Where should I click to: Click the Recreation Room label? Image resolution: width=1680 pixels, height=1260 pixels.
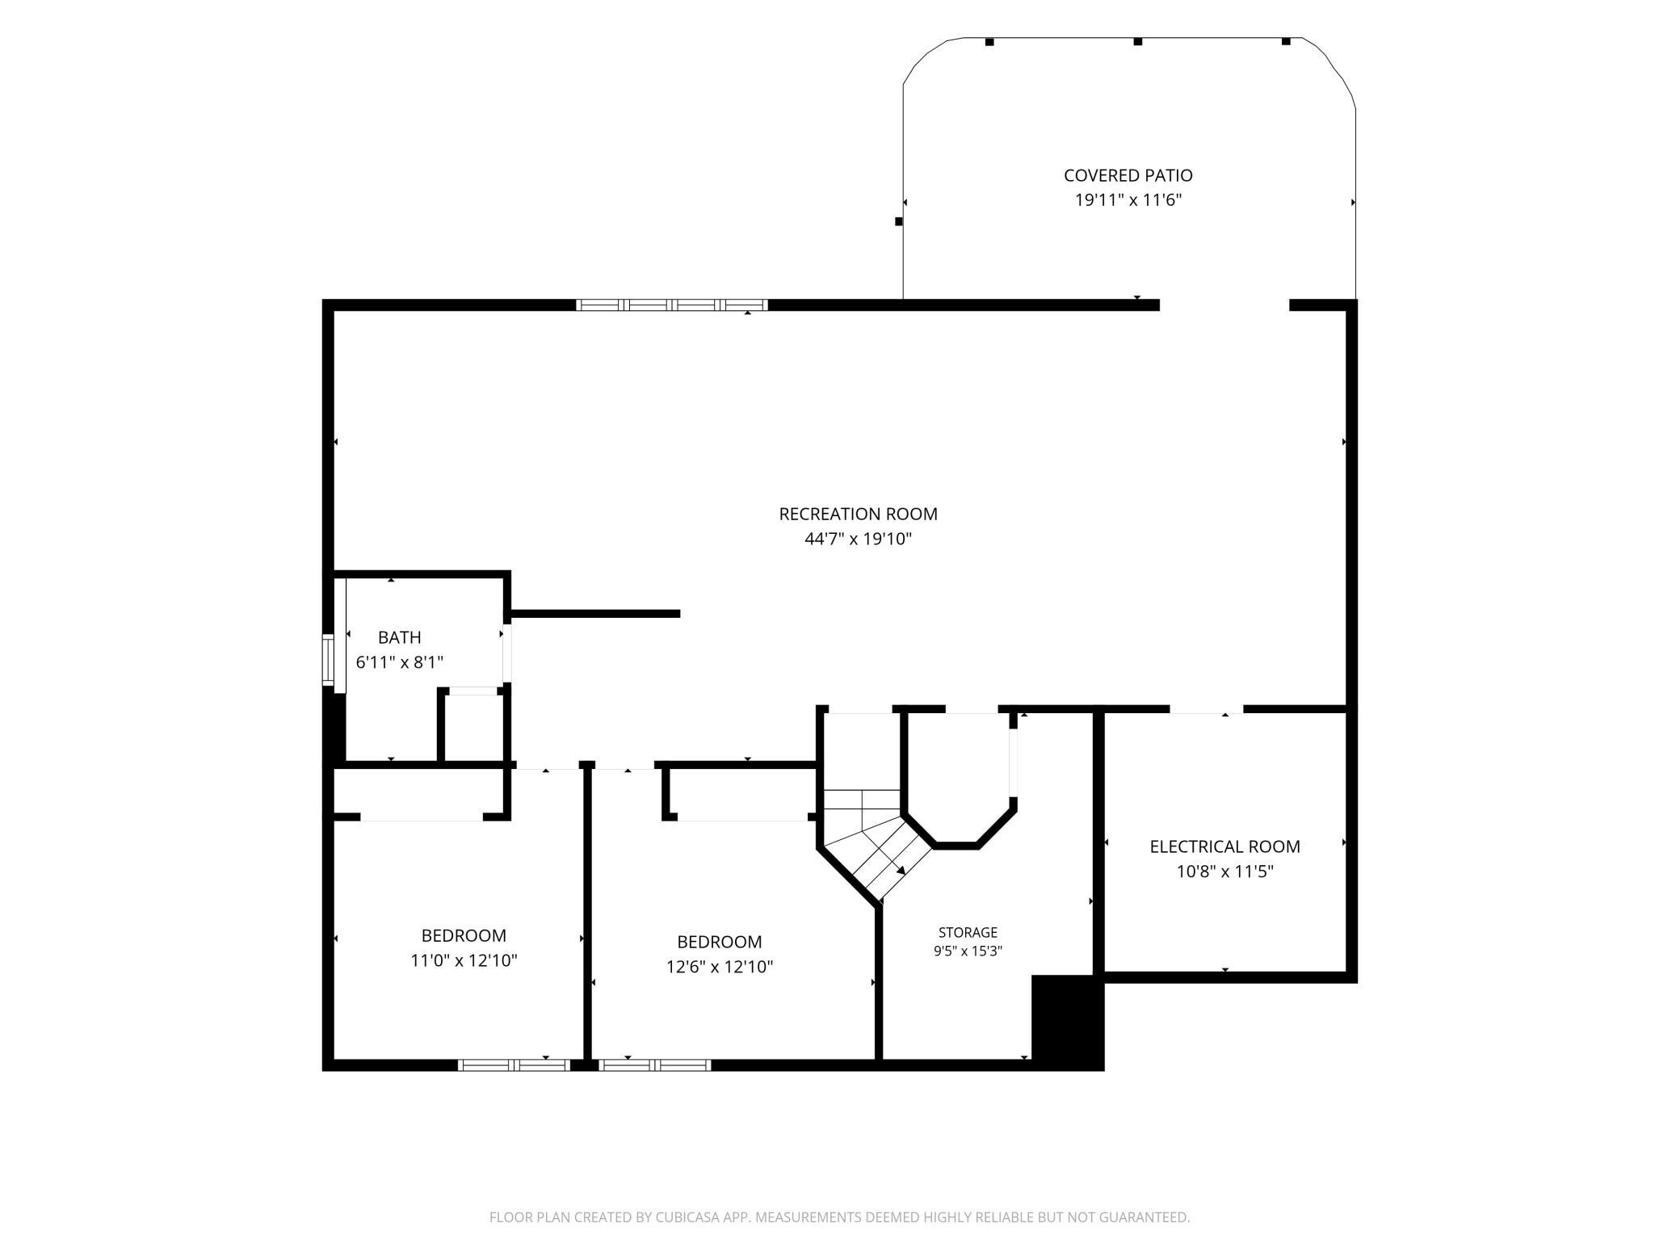[x=858, y=514]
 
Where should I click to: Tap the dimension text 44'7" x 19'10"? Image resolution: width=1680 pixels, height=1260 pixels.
[x=858, y=539]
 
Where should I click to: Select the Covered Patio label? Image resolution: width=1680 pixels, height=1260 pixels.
[x=1128, y=175]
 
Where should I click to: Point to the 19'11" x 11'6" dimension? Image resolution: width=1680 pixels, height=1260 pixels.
[x=1128, y=200]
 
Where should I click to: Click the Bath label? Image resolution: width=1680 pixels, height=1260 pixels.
[x=399, y=637]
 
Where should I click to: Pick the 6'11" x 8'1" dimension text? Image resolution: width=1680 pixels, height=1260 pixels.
[x=399, y=662]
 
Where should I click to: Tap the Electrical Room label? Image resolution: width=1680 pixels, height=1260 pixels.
[x=1224, y=846]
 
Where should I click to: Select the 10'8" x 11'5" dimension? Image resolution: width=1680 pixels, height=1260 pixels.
[x=1224, y=871]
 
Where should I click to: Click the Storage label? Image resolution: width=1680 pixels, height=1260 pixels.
[x=968, y=933]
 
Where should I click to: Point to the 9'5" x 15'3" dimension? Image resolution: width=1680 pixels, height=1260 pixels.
[x=968, y=951]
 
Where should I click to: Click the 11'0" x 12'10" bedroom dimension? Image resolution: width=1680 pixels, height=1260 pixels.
[x=464, y=960]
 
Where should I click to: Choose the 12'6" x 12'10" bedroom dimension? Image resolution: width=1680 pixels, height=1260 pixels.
[x=719, y=967]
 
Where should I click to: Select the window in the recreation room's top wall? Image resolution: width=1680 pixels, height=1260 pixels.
[x=672, y=305]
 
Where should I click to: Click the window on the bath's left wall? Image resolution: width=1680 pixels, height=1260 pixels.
[x=327, y=659]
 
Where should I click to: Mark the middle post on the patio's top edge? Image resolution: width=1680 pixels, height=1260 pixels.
[x=1137, y=41]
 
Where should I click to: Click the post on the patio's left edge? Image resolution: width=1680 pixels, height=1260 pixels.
[x=898, y=221]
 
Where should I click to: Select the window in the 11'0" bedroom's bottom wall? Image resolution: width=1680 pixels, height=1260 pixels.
[x=514, y=1065]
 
